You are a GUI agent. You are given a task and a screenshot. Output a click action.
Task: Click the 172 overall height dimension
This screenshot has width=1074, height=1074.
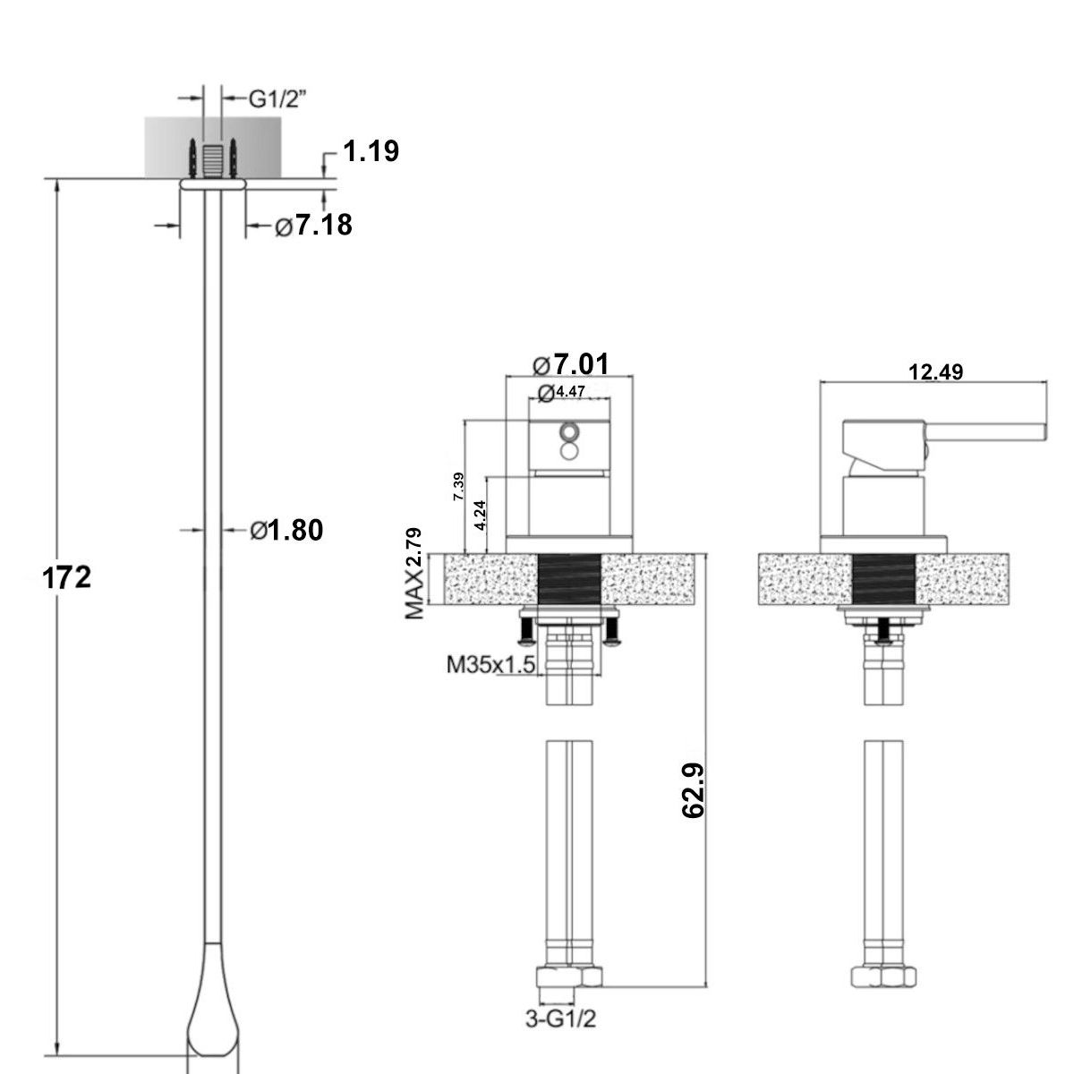pos(66,577)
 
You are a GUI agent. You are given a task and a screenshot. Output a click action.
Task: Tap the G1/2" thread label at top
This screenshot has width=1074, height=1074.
pos(277,99)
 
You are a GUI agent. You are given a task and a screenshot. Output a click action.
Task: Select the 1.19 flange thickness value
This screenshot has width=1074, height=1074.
pos(371,151)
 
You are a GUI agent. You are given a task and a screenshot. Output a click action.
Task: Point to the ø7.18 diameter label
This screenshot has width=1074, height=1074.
pos(314,226)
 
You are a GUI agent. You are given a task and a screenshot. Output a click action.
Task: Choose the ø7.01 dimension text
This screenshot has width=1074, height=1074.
pos(571,364)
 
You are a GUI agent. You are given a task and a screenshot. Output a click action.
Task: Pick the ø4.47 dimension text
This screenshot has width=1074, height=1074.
pos(562,392)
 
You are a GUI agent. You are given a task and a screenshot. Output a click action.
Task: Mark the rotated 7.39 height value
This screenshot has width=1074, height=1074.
pos(459,487)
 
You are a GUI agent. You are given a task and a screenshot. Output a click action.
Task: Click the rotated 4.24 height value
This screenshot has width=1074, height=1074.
pos(481,515)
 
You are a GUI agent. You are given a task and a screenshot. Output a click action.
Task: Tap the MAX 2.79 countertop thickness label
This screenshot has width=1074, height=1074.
pos(414,574)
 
